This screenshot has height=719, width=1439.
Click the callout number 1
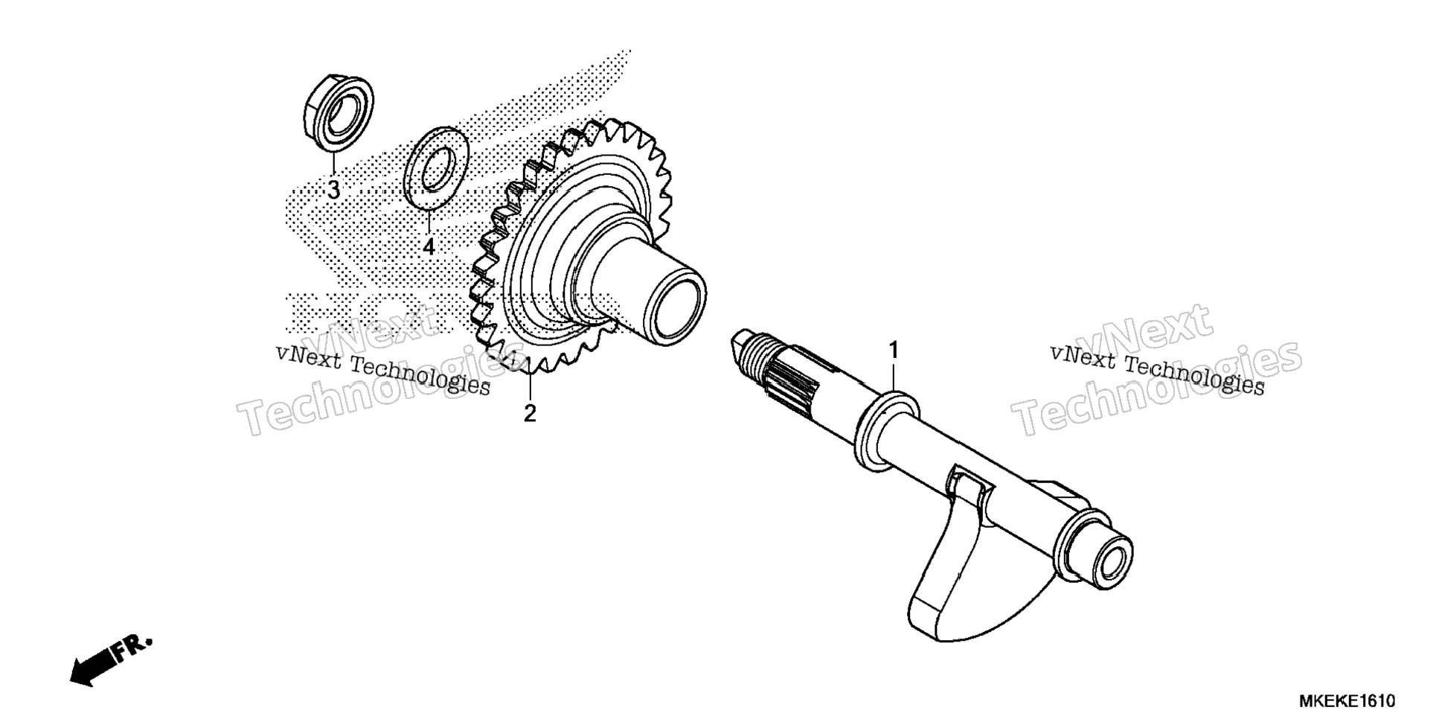(x=894, y=349)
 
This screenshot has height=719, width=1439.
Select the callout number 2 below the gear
(x=529, y=413)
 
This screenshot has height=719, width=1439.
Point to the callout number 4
(x=429, y=246)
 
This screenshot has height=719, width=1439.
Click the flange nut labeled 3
(x=339, y=112)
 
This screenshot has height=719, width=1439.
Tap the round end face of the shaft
(x=1111, y=557)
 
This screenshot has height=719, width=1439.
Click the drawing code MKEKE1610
(x=1347, y=701)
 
